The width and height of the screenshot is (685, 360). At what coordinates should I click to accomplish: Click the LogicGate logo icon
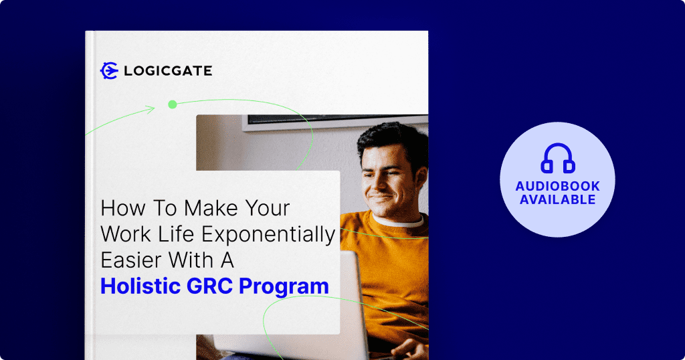(x=109, y=70)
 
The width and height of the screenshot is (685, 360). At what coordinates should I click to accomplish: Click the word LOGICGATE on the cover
(x=168, y=71)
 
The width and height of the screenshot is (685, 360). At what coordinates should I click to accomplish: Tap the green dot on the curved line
(x=173, y=104)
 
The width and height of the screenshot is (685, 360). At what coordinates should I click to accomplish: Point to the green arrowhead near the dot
(x=151, y=109)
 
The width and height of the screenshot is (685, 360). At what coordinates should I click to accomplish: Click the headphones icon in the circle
(x=557, y=158)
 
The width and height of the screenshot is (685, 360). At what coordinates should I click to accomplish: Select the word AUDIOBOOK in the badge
(x=557, y=186)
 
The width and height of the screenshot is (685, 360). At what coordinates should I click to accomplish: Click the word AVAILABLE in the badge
(x=557, y=199)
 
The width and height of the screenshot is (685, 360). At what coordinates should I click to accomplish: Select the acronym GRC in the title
(x=210, y=286)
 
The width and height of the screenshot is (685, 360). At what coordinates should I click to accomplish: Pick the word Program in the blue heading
(x=284, y=287)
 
